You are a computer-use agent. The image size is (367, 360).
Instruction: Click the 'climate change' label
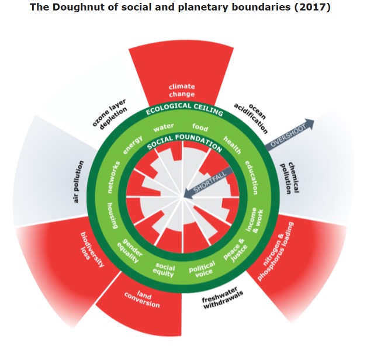182,91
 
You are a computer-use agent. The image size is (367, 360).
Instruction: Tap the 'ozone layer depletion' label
110,114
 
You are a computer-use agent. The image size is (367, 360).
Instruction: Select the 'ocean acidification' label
251,118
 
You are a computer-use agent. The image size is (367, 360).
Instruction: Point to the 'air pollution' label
78,182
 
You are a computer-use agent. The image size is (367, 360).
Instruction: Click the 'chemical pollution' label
290,178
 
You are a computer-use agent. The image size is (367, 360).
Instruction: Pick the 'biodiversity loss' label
92,250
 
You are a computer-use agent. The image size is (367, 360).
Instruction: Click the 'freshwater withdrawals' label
223,298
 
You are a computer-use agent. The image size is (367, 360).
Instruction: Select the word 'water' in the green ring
164,127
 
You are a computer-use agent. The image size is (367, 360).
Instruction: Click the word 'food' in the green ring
200,127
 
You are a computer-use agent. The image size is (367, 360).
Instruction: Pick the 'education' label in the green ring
252,178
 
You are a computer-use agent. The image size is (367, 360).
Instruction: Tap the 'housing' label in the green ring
113,215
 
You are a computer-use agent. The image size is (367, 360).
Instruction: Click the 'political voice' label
202,269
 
